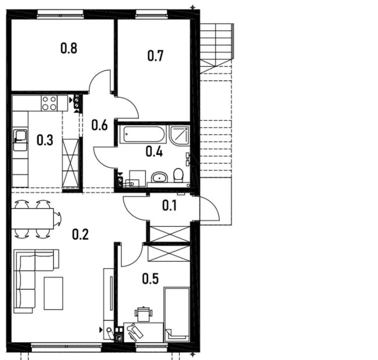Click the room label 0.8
(x=69, y=48)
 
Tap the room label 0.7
(x=156, y=56)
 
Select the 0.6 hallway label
(x=99, y=125)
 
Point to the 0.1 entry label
(x=169, y=205)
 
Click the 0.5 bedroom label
(x=151, y=279)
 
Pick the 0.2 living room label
(x=80, y=234)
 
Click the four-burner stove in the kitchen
(x=49, y=103)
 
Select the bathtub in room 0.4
(x=144, y=135)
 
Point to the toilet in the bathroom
(x=178, y=176)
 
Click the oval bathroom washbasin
(x=159, y=177)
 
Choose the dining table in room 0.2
(x=32, y=218)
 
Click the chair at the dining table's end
(x=57, y=219)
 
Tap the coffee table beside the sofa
(x=53, y=293)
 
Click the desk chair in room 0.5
(x=144, y=314)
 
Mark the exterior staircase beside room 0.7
(x=217, y=48)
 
